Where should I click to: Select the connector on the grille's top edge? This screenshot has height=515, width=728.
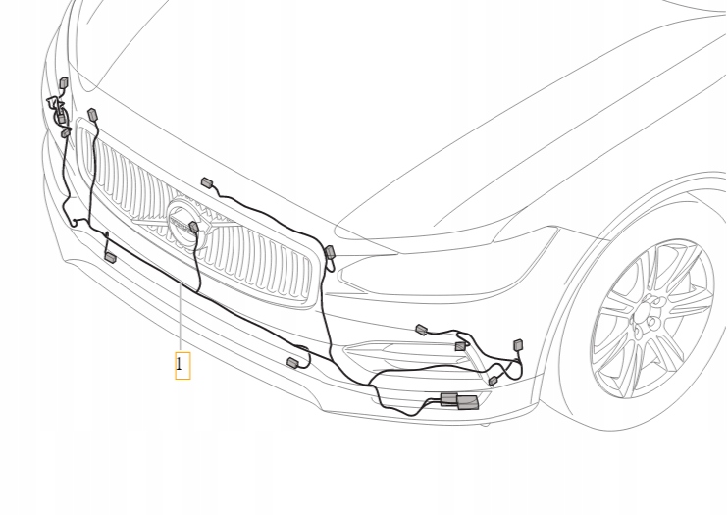point(207,182)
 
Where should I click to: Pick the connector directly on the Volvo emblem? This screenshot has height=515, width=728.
point(194,228)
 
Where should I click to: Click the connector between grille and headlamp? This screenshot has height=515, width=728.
point(330,253)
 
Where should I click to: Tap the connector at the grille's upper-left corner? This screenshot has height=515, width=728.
point(93,115)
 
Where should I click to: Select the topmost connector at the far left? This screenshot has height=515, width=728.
point(64,83)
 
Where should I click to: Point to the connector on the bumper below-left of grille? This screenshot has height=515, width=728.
point(110,257)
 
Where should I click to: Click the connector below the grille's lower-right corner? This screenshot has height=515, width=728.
point(291,363)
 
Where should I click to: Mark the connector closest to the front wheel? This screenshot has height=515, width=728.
point(518,344)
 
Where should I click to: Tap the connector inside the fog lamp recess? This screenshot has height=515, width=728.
point(459,346)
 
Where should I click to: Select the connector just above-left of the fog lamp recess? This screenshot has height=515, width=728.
point(421,329)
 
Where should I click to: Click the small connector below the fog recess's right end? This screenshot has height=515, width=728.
point(493,380)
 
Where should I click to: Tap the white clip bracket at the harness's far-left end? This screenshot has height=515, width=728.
point(53,101)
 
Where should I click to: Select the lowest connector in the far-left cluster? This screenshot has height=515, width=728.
point(66,132)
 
